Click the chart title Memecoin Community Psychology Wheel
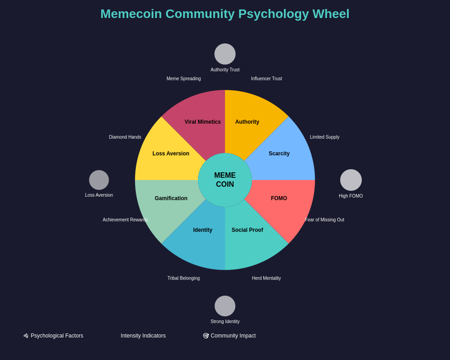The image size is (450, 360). click(225, 14)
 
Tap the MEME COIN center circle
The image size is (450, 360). click(225, 180)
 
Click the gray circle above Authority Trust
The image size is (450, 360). click(225, 54)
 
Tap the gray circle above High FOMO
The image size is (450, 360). click(351, 180)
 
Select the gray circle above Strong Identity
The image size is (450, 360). click(225, 306)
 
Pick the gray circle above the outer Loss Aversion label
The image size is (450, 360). click(99, 180)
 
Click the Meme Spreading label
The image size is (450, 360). click(184, 79)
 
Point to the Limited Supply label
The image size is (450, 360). click(324, 137)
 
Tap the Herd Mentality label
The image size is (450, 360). click(266, 278)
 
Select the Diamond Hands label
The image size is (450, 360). click(125, 137)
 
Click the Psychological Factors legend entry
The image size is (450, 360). click(54, 336)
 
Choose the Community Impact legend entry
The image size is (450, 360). click(229, 336)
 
